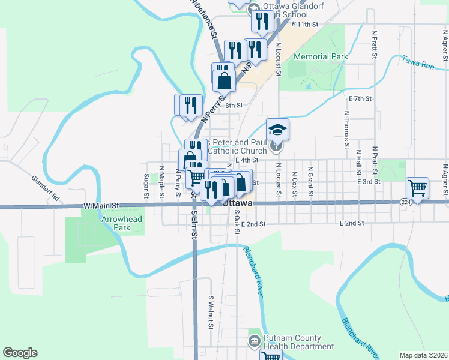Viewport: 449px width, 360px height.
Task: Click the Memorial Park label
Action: pos(321,57)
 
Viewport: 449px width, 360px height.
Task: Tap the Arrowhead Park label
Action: pos(122,223)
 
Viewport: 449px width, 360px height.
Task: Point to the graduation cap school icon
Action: pos(277,130)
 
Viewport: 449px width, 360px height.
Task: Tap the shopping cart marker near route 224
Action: pos(417,187)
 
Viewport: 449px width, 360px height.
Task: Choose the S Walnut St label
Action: pos(211,312)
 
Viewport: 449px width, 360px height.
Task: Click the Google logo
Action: pos(20,353)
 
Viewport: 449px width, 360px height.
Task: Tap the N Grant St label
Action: pos(310,182)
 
